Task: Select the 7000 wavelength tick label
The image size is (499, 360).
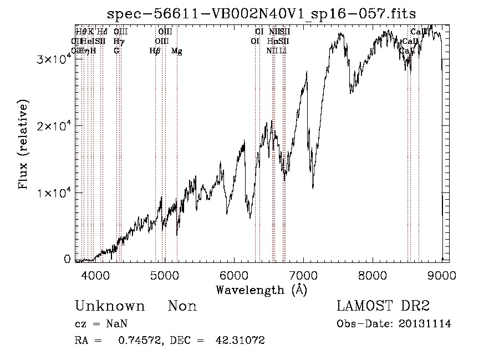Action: (x=303, y=275)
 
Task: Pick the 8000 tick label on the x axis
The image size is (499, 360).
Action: (x=373, y=275)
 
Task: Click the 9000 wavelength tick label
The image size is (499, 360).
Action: (x=442, y=275)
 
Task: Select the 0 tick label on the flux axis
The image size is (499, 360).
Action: (x=67, y=259)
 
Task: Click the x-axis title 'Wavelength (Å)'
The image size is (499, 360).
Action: (x=261, y=290)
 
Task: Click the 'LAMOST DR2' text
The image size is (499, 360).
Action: (x=383, y=306)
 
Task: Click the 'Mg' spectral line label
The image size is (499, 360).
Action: (x=177, y=51)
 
